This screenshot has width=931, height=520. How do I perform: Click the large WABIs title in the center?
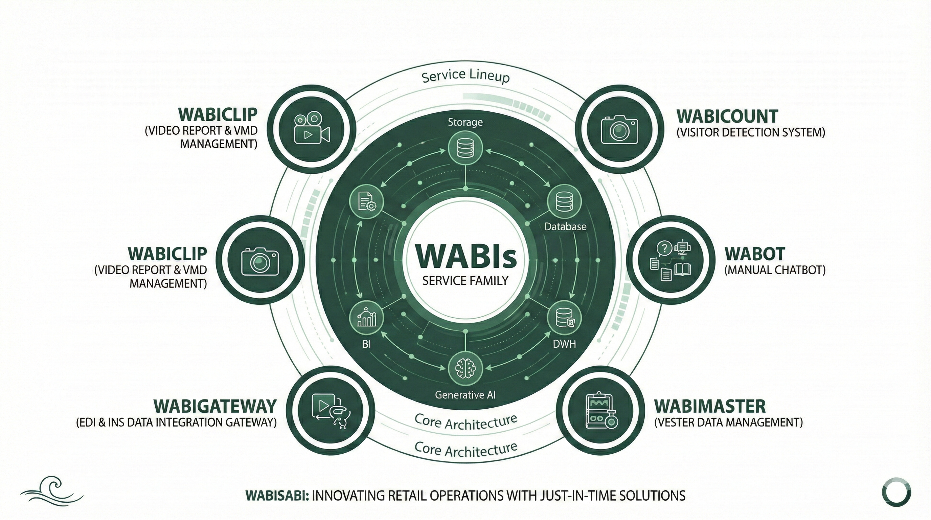pyautogui.click(x=465, y=256)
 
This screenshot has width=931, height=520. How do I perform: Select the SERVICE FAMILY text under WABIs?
pyautogui.click(x=465, y=281)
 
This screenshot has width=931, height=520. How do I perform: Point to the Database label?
pyautogui.click(x=565, y=227)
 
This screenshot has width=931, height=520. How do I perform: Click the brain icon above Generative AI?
pyautogui.click(x=465, y=369)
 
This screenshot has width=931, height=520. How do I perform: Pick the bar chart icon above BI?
pyautogui.click(x=367, y=318)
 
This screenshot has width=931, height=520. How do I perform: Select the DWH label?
pyautogui.click(x=564, y=344)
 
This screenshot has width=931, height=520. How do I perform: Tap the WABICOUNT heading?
pyautogui.click(x=727, y=116)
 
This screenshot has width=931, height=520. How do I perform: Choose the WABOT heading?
pyautogui.click(x=755, y=254)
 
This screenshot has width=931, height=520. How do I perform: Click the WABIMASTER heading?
pyautogui.click(x=710, y=407)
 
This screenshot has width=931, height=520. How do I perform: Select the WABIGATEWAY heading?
pyautogui.click(x=215, y=407)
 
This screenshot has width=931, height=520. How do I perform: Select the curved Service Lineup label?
pyautogui.click(x=465, y=76)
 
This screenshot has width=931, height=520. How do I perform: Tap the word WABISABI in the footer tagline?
pyautogui.click(x=277, y=495)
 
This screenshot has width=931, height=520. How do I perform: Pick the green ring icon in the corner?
pyautogui.click(x=896, y=492)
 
